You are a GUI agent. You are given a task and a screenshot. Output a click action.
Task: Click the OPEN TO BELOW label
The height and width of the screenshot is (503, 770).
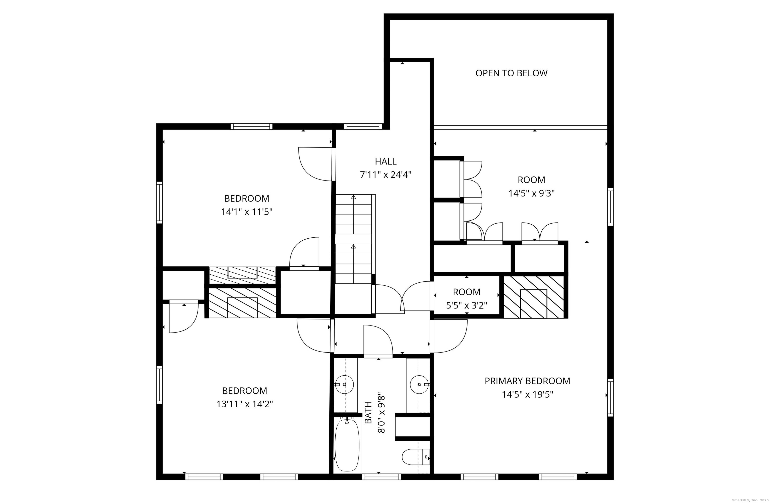coord(511,73)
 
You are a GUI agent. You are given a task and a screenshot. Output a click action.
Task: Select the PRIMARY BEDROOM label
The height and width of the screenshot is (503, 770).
coord(527,381)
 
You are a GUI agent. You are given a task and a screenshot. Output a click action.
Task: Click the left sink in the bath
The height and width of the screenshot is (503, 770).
coord(344,384)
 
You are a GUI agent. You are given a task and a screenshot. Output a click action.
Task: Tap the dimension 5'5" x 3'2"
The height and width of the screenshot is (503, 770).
coord(466,305)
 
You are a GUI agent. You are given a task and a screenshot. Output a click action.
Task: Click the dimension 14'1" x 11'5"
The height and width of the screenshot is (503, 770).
coord(247,212)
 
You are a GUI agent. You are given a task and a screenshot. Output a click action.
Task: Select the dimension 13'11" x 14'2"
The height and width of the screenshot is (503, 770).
coord(245,404)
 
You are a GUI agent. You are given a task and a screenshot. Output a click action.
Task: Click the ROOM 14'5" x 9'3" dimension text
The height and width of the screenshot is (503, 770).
coord(531,194)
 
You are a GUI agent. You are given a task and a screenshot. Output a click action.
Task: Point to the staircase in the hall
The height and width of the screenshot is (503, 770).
coord(354,239)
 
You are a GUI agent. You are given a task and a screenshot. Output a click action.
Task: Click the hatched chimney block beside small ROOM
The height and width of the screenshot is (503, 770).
coord(534,297)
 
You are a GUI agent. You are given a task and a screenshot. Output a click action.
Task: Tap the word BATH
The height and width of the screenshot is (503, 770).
coord(368,412)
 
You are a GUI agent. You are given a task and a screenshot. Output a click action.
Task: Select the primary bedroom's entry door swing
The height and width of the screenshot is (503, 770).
coord(450,336)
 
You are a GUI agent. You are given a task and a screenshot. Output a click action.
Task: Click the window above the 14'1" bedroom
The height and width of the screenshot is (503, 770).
coord(251,126)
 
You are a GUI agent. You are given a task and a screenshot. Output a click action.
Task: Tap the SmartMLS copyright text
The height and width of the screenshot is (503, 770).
coord(750,500)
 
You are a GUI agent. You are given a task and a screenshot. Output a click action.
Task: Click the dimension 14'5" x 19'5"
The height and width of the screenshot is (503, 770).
coord(527,395)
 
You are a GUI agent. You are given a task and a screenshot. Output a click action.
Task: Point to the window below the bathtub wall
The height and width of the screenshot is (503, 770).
coord(381,477)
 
